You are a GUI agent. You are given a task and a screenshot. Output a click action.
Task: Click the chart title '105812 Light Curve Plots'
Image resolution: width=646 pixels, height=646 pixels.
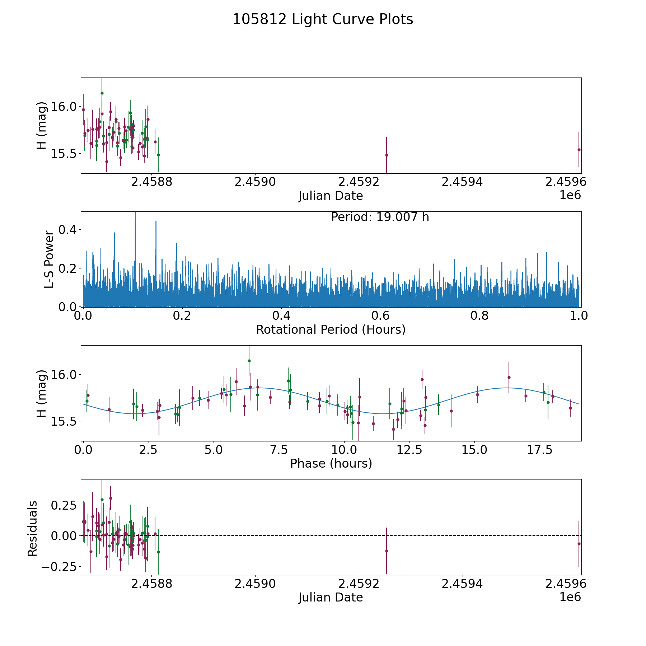click(323, 19)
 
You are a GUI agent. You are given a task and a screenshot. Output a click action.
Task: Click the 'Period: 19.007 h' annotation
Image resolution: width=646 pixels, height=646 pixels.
click(380, 217)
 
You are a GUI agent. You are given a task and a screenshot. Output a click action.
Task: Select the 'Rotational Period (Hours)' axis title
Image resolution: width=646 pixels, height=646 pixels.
click(331, 329)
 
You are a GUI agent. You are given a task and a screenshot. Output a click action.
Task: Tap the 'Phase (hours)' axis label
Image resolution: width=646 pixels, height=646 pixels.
click(331, 463)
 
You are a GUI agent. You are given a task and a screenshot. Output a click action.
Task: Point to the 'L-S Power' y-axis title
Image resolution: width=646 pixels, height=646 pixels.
click(50, 259)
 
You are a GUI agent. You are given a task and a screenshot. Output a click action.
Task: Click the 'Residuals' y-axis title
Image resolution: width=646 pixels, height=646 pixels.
click(33, 528)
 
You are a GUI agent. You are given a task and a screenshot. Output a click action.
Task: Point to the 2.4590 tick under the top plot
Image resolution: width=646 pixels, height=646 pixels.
click(255, 182)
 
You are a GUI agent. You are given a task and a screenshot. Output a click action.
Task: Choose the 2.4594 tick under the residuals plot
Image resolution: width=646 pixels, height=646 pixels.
click(462, 584)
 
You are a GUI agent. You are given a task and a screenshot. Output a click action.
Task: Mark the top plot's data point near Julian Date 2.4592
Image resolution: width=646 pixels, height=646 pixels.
click(387, 155)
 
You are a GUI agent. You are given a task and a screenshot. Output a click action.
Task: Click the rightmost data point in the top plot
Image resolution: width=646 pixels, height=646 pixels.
click(579, 150)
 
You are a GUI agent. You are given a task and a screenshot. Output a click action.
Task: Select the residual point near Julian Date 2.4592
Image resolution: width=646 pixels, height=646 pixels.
click(387, 551)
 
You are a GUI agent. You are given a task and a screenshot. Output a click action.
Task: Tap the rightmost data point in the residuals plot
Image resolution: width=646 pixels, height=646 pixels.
click(579, 544)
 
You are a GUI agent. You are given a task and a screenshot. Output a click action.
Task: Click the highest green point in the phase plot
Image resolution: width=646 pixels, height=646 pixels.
click(249, 361)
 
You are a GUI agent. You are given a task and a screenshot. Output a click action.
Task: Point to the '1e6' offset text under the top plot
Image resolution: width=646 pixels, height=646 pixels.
click(570, 196)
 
